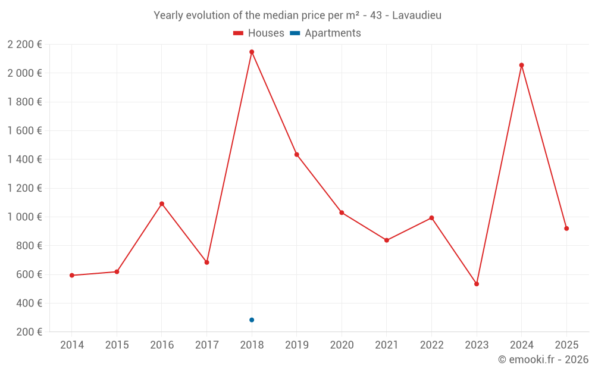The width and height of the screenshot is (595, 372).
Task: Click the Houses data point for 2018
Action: (252, 52)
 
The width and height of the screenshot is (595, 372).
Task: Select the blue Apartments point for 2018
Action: (252, 320)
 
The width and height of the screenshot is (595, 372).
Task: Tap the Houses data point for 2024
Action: (521, 65)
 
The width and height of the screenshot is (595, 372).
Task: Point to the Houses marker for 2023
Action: (477, 284)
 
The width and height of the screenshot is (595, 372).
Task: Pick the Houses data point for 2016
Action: (162, 204)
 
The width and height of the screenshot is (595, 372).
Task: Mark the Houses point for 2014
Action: (72, 276)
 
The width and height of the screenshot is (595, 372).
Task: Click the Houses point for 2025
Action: (566, 229)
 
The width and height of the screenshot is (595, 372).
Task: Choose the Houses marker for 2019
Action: (297, 155)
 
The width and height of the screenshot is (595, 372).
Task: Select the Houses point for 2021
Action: (387, 240)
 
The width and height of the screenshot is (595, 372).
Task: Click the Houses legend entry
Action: (259, 33)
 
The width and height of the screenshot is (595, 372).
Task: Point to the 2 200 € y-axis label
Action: (24, 45)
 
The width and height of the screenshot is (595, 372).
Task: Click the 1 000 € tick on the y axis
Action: (24, 217)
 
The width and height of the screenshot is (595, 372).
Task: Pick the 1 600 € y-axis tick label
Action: (24, 131)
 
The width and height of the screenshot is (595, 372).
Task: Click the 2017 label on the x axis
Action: (206, 345)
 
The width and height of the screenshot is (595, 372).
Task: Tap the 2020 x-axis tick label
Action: (342, 345)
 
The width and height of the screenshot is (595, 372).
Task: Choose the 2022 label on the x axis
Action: (431, 345)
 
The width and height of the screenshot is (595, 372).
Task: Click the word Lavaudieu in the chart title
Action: (416, 15)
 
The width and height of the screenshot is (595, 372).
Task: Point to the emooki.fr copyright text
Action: (543, 360)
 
